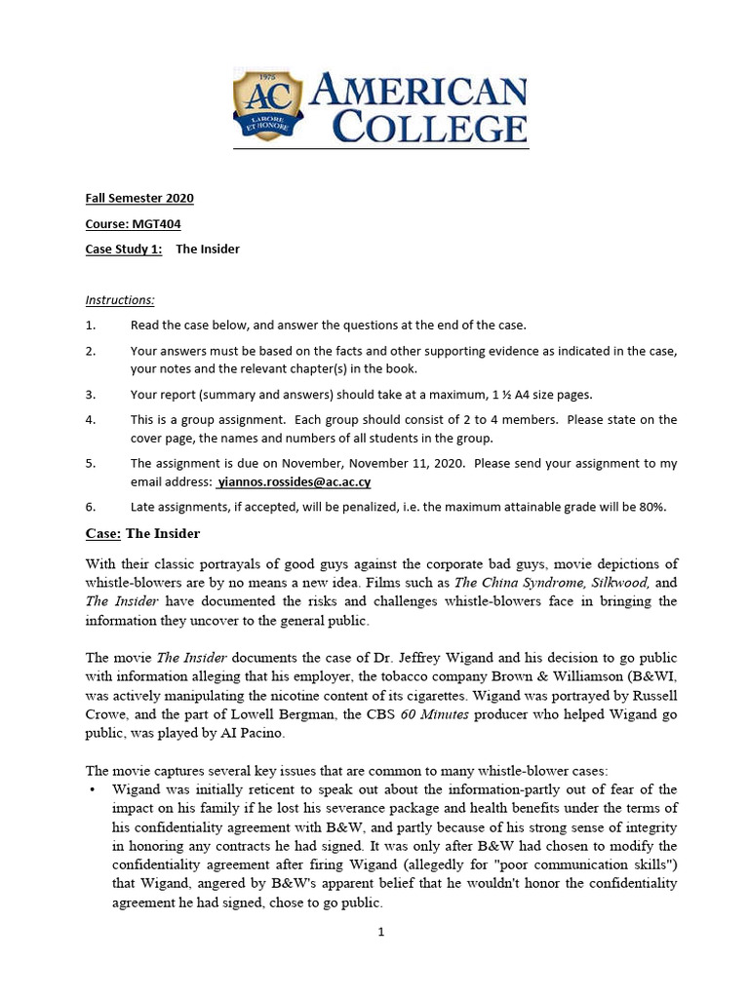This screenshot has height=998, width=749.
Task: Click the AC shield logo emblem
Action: pyautogui.click(x=267, y=105)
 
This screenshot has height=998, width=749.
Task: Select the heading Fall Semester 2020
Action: pyautogui.click(x=139, y=198)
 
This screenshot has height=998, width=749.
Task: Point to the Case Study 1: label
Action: pyautogui.click(x=124, y=249)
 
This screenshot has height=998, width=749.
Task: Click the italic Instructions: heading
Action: pyautogui.click(x=120, y=300)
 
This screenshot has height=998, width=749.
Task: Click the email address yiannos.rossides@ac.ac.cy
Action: pyautogui.click(x=294, y=481)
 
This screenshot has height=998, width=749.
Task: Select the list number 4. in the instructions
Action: pyautogui.click(x=91, y=419)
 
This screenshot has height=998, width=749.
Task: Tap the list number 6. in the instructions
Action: pyautogui.click(x=91, y=507)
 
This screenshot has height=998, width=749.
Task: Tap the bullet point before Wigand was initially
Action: pyautogui.click(x=92, y=788)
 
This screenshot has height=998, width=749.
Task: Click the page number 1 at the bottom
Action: pyautogui.click(x=381, y=932)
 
